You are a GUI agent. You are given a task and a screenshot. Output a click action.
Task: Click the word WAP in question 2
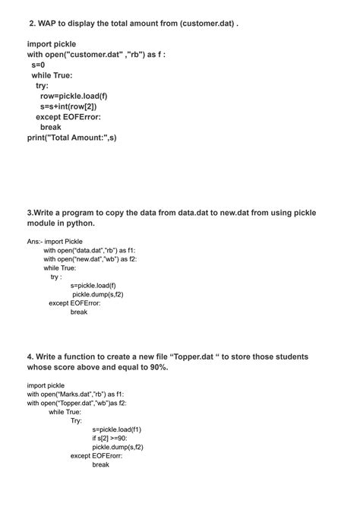click(49, 23)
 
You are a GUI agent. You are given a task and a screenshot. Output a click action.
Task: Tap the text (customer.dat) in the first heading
click(204, 23)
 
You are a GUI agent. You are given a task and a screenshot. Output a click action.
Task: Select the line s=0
click(38, 65)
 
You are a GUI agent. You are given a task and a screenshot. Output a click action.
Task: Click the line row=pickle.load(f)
click(74, 97)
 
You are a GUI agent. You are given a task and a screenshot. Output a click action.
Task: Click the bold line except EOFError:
click(68, 117)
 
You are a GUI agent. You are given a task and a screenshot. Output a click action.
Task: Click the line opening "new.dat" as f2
click(90, 259)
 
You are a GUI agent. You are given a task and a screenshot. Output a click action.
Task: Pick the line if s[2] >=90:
click(110, 438)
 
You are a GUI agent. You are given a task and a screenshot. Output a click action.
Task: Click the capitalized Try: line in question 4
click(77, 420)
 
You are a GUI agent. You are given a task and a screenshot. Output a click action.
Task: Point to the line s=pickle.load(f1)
click(117, 429)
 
